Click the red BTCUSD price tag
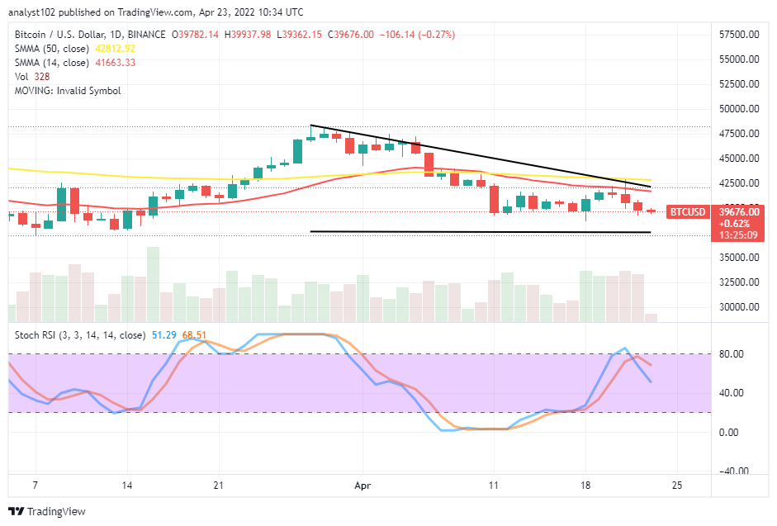pos(687,211)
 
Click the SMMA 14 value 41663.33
pos(116,62)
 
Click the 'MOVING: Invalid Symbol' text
pos(67,90)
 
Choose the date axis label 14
pos(127,487)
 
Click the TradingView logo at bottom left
pos(47,511)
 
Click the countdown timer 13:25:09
pos(737,235)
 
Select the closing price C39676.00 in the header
pos(351,34)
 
